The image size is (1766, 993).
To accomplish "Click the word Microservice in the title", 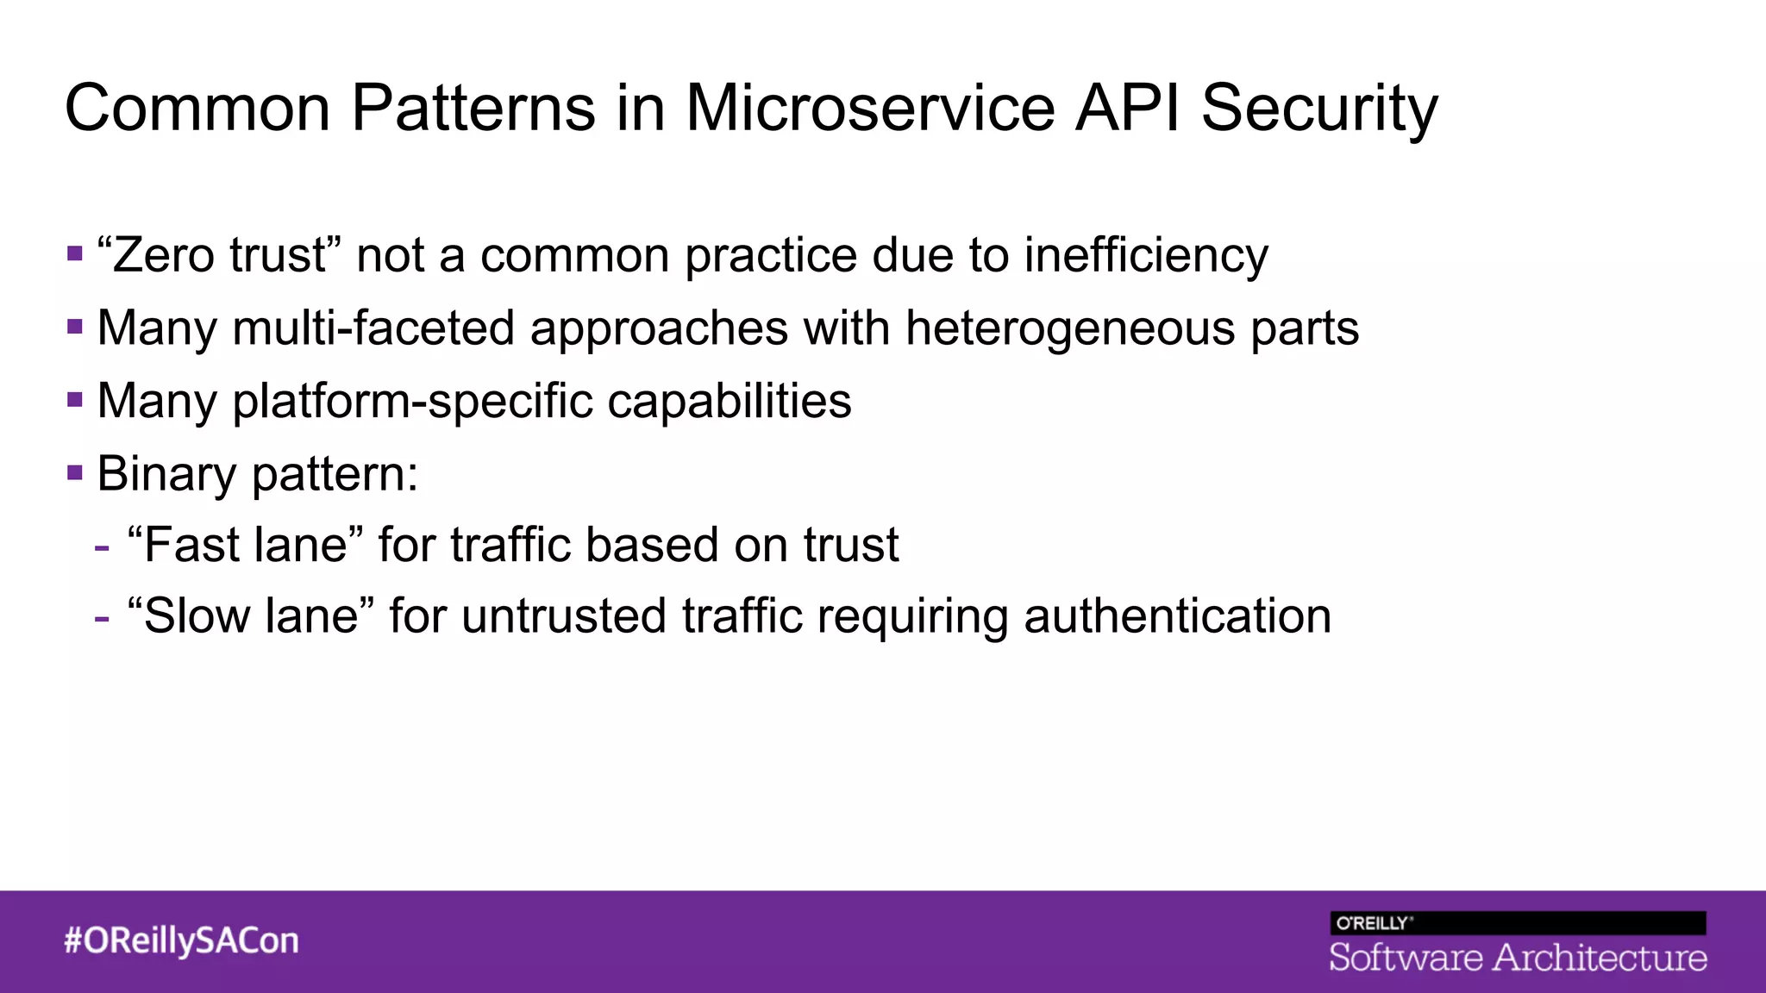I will [x=870, y=109].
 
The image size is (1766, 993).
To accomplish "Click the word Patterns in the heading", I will [x=473, y=109].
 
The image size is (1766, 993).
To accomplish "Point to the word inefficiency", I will [x=1146, y=256].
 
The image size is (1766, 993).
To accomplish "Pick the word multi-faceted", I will [x=373, y=329].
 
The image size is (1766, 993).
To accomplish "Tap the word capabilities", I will [x=730, y=403].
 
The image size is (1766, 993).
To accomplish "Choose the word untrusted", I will [x=564, y=616].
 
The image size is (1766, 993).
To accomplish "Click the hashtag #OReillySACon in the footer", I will [x=181, y=940].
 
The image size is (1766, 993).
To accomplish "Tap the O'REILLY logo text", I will [x=1372, y=923].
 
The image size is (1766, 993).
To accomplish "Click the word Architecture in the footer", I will [x=1600, y=958].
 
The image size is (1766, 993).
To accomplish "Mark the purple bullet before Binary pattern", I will [x=75, y=472].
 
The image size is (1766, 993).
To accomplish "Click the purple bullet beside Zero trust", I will [x=75, y=253].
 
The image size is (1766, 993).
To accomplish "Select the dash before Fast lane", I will [x=103, y=546].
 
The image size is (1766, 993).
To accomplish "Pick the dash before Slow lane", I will [x=103, y=618].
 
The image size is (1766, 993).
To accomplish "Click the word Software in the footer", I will [x=1406, y=958].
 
